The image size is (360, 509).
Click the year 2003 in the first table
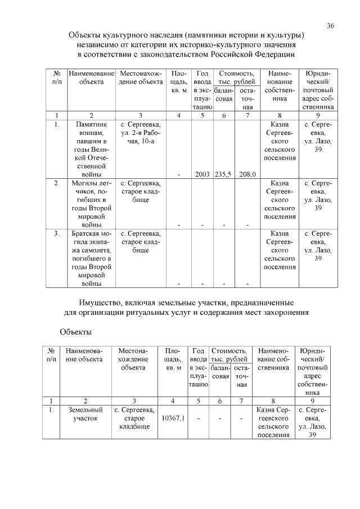[202, 174]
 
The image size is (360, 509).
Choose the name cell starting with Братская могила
[91, 258]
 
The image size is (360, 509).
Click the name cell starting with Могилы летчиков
[91, 204]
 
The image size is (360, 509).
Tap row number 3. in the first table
[57, 233]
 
